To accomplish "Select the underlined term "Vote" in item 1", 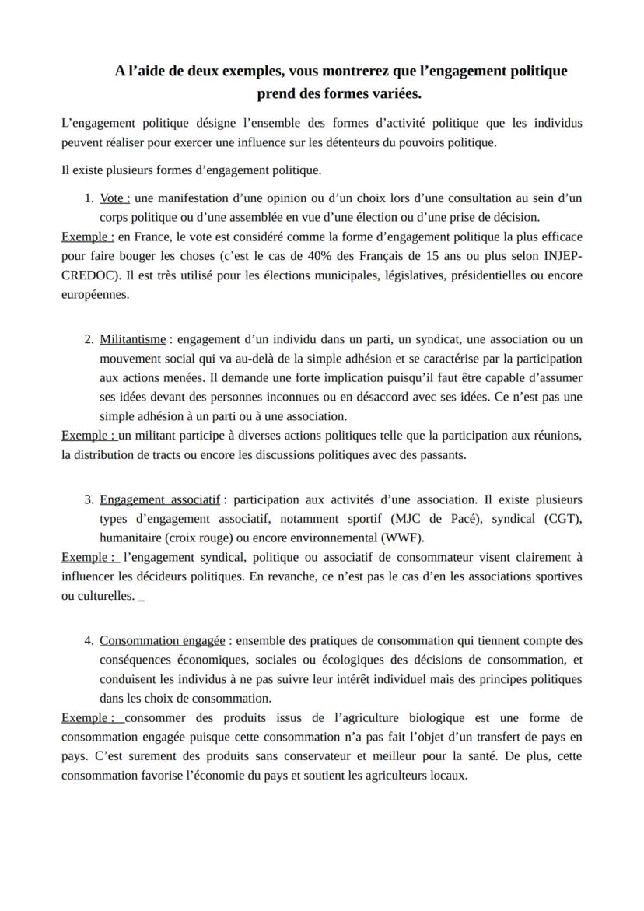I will pyautogui.click(x=114, y=198).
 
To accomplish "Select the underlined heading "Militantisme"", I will pyautogui.click(x=132, y=339).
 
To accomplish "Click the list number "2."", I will pyautogui.click(x=89, y=339).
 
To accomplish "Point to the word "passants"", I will pyautogui.click(x=442, y=455).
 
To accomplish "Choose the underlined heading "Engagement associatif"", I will pyautogui.click(x=159, y=499).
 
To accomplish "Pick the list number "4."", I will pyautogui.click(x=89, y=640).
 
